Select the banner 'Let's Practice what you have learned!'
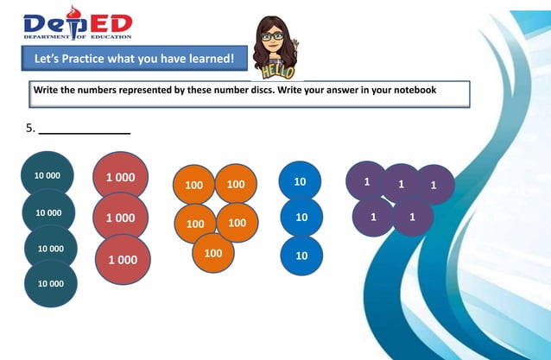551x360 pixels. [134, 60]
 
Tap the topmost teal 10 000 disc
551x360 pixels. [47, 175]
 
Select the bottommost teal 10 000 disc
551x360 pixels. [50, 282]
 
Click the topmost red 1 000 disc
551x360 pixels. [120, 176]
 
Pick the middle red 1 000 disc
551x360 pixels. [120, 218]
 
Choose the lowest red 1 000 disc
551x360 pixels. [123, 259]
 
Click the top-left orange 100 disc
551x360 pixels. [193, 185]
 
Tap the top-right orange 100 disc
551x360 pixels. [236, 184]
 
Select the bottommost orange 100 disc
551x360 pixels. [214, 254]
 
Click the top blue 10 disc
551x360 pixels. [301, 182]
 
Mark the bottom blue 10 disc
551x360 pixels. [301, 256]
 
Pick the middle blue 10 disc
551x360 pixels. [301, 218]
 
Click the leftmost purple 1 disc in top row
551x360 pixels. [366, 181]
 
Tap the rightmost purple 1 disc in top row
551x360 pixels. [434, 184]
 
